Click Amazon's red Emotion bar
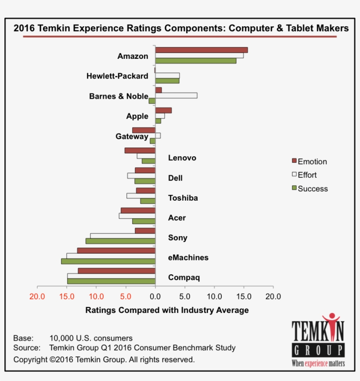pyautogui.click(x=201, y=50)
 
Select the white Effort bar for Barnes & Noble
pyautogui.click(x=176, y=96)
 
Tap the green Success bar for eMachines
pyautogui.click(x=108, y=261)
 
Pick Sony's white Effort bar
pyautogui.click(x=122, y=236)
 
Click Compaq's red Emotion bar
pyautogui.click(x=116, y=271)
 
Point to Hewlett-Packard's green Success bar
pyautogui.click(x=167, y=81)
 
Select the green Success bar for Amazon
pyautogui.click(x=195, y=61)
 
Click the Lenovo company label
pyautogui.click(x=182, y=158)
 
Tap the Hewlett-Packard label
pyautogui.click(x=117, y=76)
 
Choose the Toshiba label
pyautogui.click(x=183, y=198)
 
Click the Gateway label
pyautogui.click(x=132, y=137)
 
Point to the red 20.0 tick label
pyautogui.click(x=37, y=296)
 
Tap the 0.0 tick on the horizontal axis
pyautogui.click(x=155, y=296)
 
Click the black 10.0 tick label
pyautogui.click(x=214, y=296)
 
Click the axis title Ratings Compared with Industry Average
pyautogui.click(x=167, y=310)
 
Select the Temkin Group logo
pyautogui.click(x=318, y=341)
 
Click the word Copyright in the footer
pyautogui.click(x=30, y=359)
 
